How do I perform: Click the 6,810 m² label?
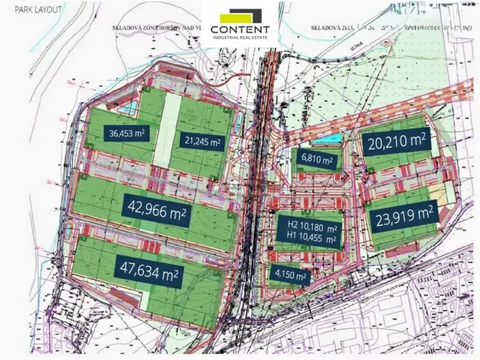317,160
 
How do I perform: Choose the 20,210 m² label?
396,141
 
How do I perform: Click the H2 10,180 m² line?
307,228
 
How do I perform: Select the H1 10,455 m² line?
307,239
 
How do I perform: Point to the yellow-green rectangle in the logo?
235,16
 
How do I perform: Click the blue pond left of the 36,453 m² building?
132,105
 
